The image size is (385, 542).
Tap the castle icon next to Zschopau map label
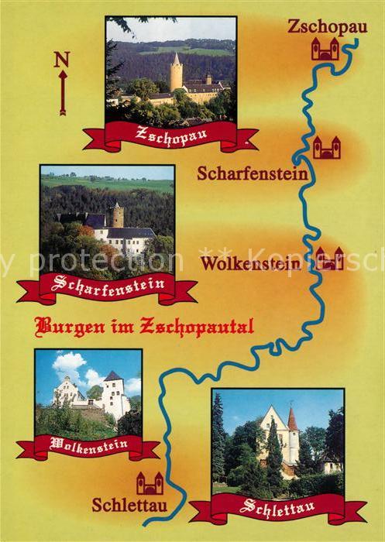(x=325, y=50)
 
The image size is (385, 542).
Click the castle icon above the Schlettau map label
(x=150, y=483)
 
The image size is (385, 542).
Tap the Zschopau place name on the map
(x=317, y=26)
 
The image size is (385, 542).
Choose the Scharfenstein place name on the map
(x=253, y=173)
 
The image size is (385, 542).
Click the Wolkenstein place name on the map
(x=250, y=264)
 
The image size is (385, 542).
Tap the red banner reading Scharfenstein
(x=107, y=286)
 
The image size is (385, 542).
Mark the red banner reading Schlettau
(x=277, y=508)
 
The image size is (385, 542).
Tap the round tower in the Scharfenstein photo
(x=117, y=214)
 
